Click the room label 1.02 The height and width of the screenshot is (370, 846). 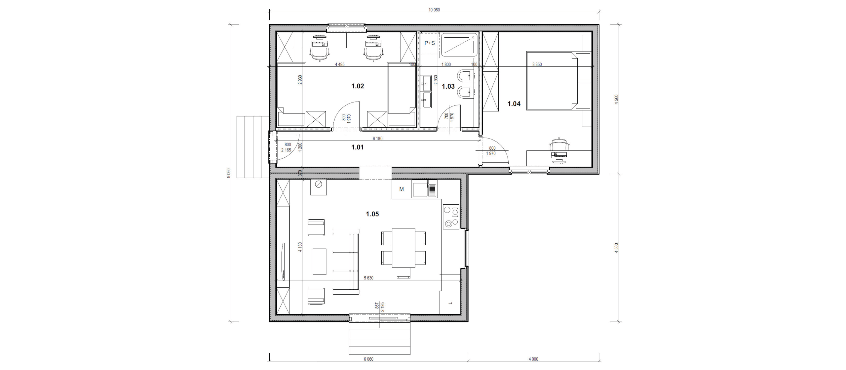(358, 86)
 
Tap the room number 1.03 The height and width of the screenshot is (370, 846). (448, 87)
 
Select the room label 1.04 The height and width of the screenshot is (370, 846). (514, 104)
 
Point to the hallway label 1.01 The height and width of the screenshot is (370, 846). (358, 147)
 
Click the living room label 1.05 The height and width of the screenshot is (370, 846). (372, 214)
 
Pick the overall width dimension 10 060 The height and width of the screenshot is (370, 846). (434, 10)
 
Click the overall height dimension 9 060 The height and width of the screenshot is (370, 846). (228, 173)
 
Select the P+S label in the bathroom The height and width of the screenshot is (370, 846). (430, 43)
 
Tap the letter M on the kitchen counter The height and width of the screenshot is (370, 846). (402, 189)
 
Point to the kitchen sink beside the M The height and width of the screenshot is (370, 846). (424, 189)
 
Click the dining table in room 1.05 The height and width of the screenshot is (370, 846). (404, 248)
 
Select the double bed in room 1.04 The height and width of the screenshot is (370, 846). (558, 81)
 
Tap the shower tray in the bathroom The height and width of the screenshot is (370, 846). (459, 45)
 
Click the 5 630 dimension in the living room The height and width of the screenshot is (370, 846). (368, 278)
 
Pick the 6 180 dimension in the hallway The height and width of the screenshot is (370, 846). (377, 139)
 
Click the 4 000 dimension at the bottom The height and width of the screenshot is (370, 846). (533, 359)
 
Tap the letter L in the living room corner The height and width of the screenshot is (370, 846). (450, 303)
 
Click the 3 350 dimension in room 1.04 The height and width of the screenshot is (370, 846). (537, 64)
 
